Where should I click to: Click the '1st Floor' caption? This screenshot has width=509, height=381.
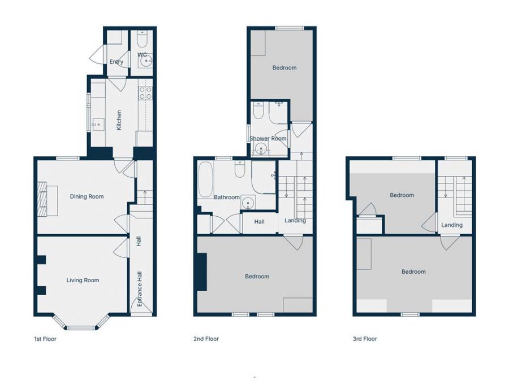pos(45,339)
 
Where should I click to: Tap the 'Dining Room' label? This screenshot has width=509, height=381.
pos(87,196)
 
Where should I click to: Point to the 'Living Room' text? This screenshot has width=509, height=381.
pos(83,280)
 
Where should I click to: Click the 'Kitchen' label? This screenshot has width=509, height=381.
pos(119,120)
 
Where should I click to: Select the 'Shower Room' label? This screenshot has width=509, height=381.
pos(268,138)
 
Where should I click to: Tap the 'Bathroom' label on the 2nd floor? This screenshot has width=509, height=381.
pos(226,198)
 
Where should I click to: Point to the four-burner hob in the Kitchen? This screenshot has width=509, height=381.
pos(145,92)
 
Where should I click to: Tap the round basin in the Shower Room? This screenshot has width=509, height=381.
pos(261,150)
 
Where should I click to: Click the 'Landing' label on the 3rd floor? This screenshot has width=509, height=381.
pos(451,225)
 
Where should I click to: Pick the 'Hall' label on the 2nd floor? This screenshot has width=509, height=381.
pos(259,222)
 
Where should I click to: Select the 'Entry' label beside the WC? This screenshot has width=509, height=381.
pos(116,62)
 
